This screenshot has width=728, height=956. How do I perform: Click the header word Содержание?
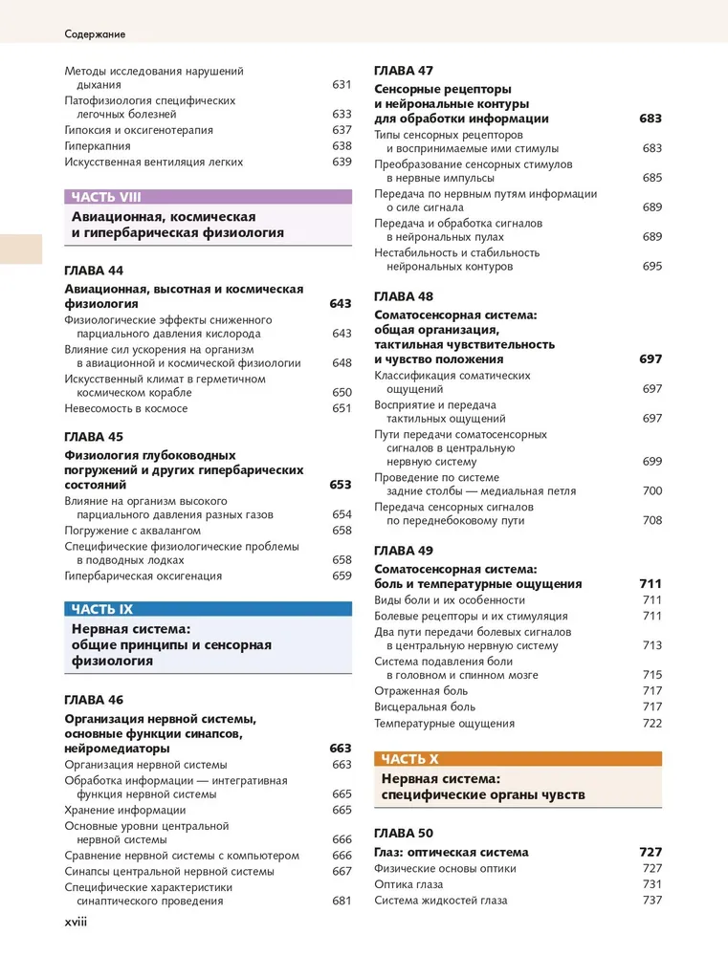click(95, 33)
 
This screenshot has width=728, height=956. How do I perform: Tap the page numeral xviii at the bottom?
click(77, 926)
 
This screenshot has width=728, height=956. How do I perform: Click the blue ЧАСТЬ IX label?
click(102, 609)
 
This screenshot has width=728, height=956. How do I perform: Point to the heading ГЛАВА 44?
click(94, 271)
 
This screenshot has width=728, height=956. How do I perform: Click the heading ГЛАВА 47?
click(404, 71)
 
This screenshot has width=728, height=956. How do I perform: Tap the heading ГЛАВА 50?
click(404, 833)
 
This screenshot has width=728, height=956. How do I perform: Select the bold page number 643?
click(341, 303)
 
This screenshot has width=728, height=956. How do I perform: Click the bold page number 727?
click(651, 852)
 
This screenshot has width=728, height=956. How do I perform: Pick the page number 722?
click(652, 724)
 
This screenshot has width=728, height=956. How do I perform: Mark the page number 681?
click(342, 901)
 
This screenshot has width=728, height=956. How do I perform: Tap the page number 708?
click(652, 521)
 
